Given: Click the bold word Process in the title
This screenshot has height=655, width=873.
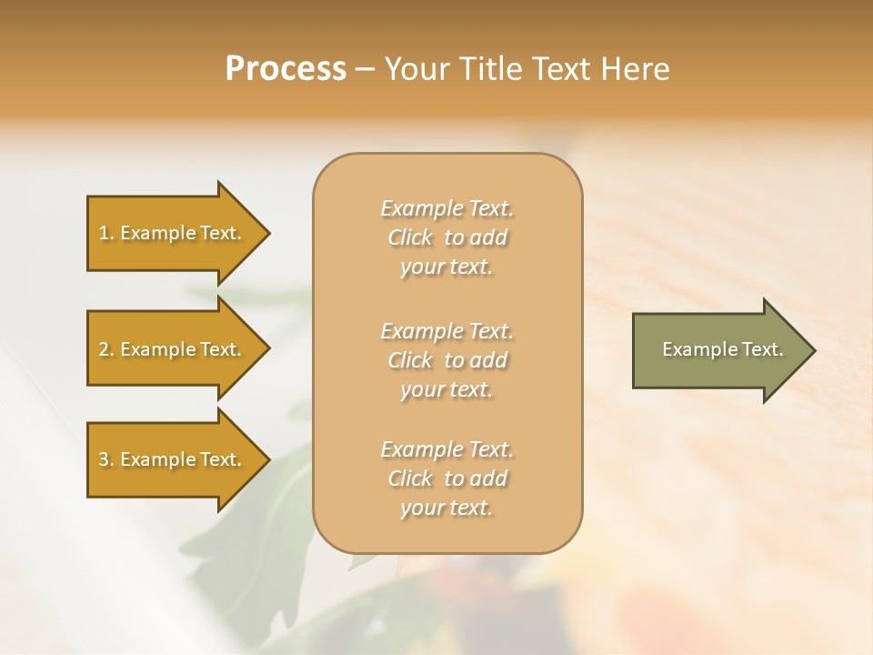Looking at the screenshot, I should pyautogui.click(x=286, y=69).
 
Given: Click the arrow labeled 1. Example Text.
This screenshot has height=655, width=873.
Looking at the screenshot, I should pyautogui.click(x=173, y=233).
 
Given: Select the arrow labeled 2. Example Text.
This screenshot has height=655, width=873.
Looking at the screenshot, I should pyautogui.click(x=173, y=349).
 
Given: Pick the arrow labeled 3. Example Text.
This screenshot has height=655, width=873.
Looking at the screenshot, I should pyautogui.click(x=173, y=459).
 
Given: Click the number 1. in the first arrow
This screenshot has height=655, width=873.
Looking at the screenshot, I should pyautogui.click(x=106, y=233).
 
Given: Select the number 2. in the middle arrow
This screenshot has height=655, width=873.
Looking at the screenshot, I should pyautogui.click(x=106, y=349).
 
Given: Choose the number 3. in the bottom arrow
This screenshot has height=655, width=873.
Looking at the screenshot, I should pyautogui.click(x=106, y=459).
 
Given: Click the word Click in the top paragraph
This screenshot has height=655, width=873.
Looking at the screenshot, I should pyautogui.click(x=410, y=238).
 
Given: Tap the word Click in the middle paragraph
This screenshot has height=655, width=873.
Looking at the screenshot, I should pyautogui.click(x=410, y=360).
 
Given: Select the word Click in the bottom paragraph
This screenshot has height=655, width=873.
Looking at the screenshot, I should pyautogui.click(x=410, y=479).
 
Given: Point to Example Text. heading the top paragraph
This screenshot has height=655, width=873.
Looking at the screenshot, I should pyautogui.click(x=447, y=209).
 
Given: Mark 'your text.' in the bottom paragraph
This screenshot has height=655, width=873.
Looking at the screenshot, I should pyautogui.click(x=447, y=509).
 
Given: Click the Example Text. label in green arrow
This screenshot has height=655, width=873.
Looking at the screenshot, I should pyautogui.click(x=723, y=349).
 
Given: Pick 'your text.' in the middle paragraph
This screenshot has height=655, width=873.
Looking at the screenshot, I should pyautogui.click(x=447, y=390).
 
